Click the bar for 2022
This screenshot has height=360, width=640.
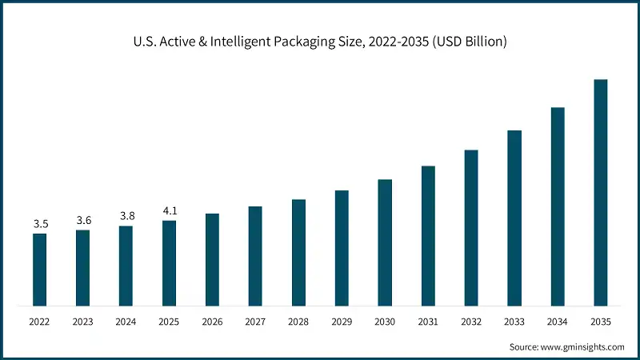pyautogui.click(x=40, y=270)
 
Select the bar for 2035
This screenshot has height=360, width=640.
pyautogui.click(x=601, y=193)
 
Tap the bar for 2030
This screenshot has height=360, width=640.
pyautogui.click(x=385, y=242)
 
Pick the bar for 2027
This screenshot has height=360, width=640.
pyautogui.click(x=255, y=256)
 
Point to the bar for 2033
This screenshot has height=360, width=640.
pyautogui.click(x=514, y=218)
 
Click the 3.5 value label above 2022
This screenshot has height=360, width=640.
pyautogui.click(x=40, y=224)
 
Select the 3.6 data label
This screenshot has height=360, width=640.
pyautogui.click(x=83, y=220)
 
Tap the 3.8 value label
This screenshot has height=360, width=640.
pyautogui.click(x=126, y=216)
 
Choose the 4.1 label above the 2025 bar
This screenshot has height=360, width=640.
pyautogui.click(x=170, y=211)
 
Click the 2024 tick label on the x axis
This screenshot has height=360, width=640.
pyautogui.click(x=126, y=322)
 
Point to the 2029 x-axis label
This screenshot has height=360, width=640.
pyautogui.click(x=342, y=322)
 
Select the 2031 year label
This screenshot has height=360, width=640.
pyautogui.click(x=428, y=322)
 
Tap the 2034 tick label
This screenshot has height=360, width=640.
pyautogui.click(x=558, y=322)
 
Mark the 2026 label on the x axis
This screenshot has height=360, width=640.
pyautogui.click(x=212, y=322)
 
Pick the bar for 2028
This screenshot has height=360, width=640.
pyautogui.click(x=298, y=253)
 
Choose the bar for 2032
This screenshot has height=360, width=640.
pyautogui.click(x=471, y=228)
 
